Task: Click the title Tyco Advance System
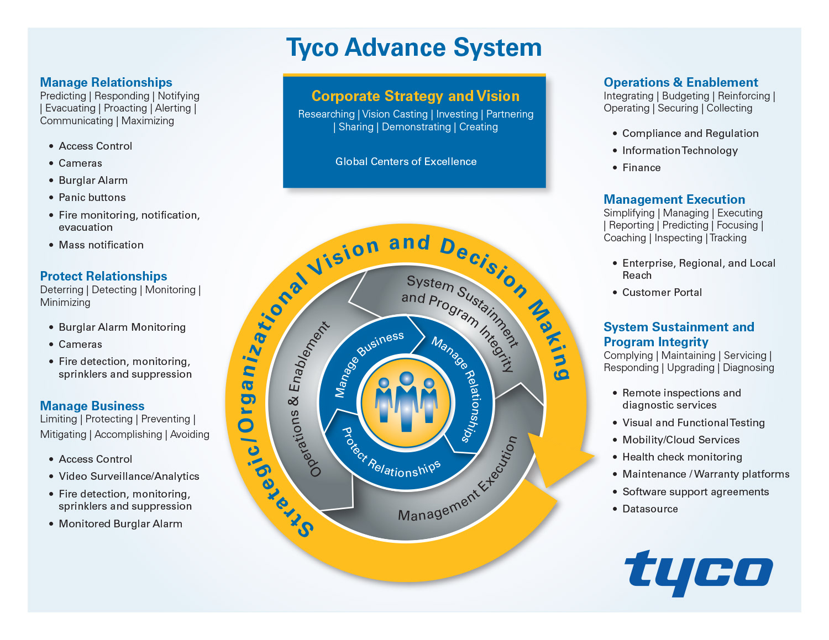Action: pos(414,47)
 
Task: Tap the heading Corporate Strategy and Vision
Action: pos(415,96)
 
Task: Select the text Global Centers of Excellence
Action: pos(406,162)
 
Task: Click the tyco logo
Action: pos(698,572)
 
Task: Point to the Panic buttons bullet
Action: pos(92,198)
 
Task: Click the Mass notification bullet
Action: pos(101,245)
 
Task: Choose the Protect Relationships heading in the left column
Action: pos(103,276)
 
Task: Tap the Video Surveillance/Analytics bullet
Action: pos(129,477)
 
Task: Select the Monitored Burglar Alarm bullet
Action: pos(120,524)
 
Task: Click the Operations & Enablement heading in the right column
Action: pos(680,82)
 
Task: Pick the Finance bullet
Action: pos(641,168)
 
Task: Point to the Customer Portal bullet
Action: pos(662,293)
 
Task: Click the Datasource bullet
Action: pos(650,509)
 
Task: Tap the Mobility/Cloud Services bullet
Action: pos(680,440)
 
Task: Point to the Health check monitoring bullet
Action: pos(682,457)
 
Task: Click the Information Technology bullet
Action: pos(680,151)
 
